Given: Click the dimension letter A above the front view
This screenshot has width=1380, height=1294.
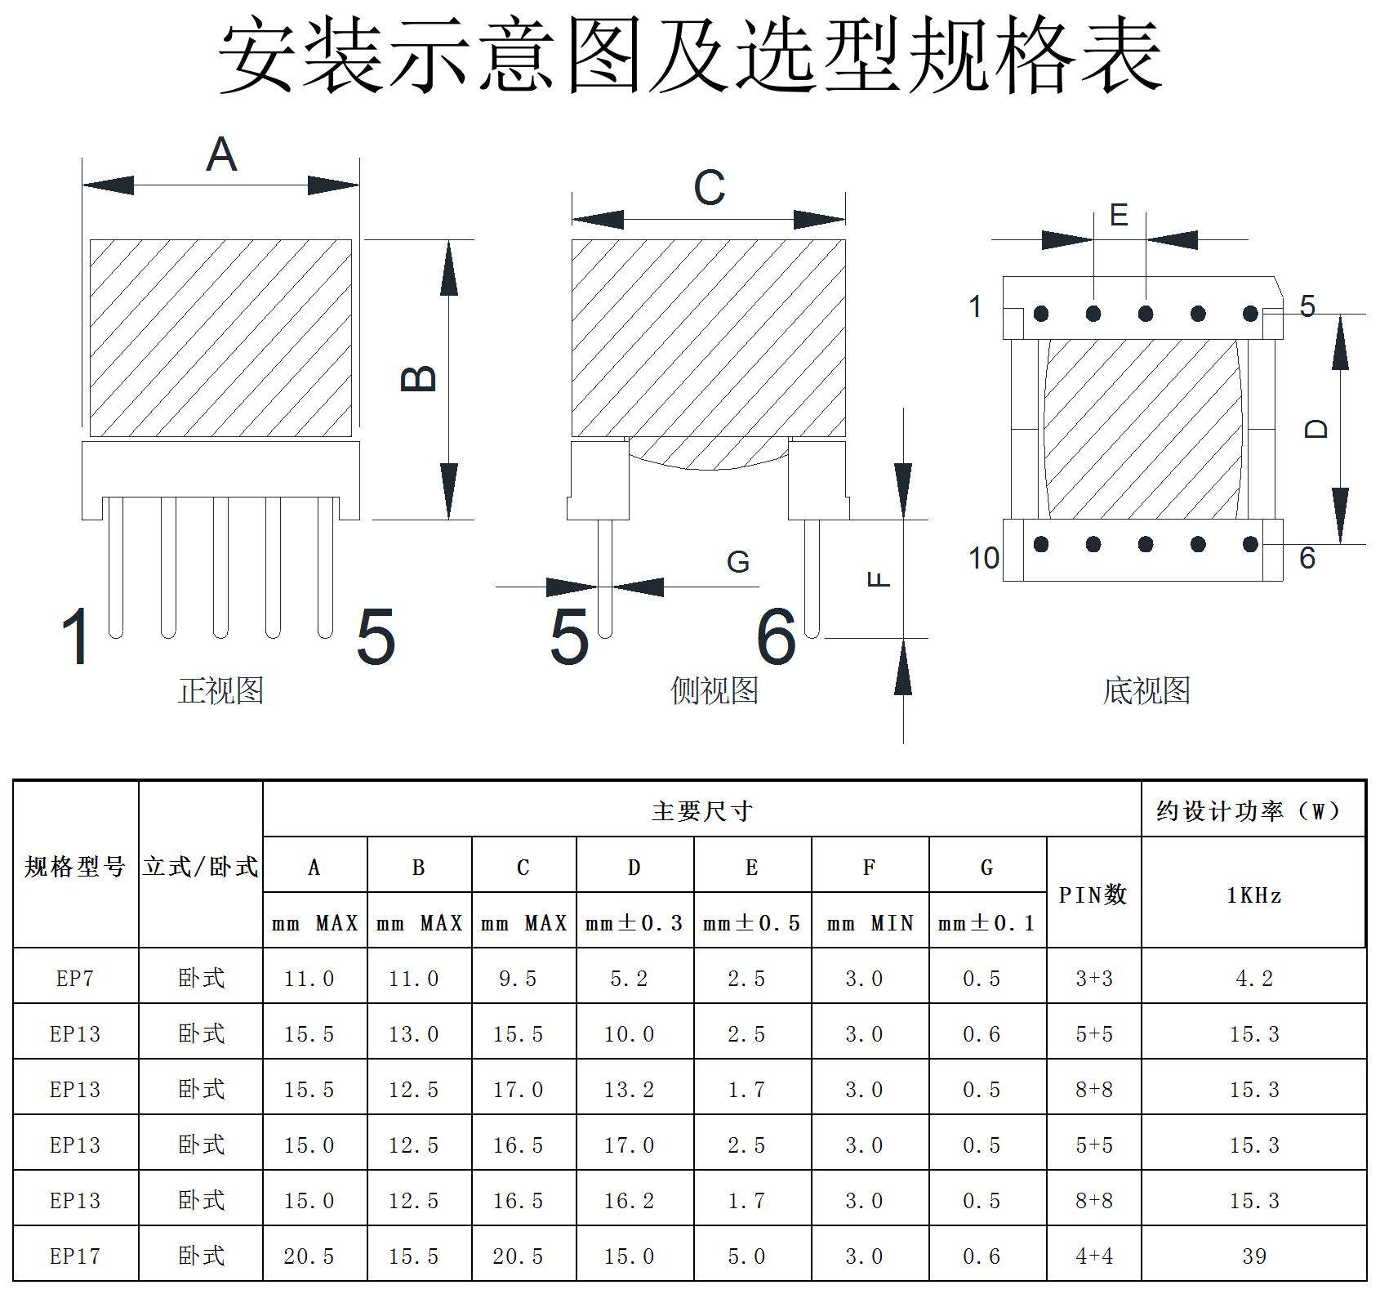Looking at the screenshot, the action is pos(221,154).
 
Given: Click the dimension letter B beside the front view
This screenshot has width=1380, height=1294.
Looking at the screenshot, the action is pos(420,378).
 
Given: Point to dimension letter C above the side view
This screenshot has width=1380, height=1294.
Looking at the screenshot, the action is pos(709,188).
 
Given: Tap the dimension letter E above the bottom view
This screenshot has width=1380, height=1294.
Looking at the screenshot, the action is pos(1119,216).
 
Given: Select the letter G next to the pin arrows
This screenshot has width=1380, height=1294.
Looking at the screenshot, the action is pos(738,562).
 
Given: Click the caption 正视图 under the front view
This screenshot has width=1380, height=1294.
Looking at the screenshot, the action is pos(221,691).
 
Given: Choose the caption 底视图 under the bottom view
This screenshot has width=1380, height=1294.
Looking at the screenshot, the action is pos(1146,691).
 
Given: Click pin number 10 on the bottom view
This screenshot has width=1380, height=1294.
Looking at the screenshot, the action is pos(984,559).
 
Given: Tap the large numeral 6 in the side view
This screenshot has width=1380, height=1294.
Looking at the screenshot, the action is pos(776,637).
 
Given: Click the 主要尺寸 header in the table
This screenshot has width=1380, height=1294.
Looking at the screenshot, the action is pos(701,811).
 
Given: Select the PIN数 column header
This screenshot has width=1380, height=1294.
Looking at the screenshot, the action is pos(1093,895).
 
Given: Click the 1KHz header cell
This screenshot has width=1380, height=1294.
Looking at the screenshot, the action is pos(1253,896).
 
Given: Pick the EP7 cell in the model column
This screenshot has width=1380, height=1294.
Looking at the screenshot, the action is pos(75,979).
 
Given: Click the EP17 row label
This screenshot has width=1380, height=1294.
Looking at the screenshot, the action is pos(75,1256).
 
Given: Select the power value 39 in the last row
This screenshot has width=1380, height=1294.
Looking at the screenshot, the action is pos(1253,1256).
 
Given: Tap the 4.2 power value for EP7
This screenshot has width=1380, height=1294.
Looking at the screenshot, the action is pos(1253,979).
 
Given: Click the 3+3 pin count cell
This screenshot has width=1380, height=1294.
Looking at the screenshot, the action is pos(1093,979).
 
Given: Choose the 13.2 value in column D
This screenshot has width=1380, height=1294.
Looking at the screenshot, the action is pos(629,1090).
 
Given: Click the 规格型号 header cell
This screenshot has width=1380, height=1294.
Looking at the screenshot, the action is pos(75,867).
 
